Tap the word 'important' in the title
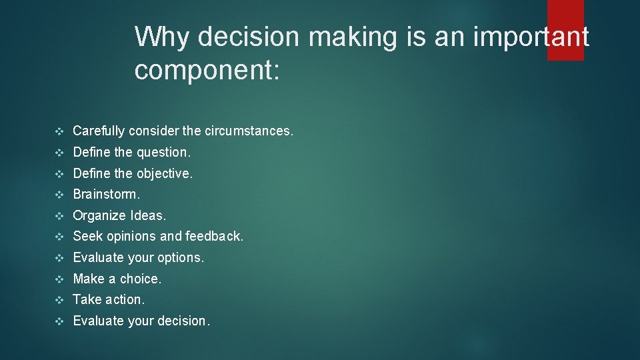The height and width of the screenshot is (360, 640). (531, 37)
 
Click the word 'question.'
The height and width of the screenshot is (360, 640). (163, 153)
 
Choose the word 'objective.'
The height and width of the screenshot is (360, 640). (164, 174)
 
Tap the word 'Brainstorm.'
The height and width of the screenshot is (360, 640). (107, 195)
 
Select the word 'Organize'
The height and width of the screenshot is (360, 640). (99, 216)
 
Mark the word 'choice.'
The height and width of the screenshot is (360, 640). (141, 279)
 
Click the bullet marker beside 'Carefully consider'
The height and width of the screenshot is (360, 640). (59, 131)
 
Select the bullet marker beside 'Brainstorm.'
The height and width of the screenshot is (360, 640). (59, 195)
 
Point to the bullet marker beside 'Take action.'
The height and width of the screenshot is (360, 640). (59, 300)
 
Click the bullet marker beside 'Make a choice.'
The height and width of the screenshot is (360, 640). (59, 279)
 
